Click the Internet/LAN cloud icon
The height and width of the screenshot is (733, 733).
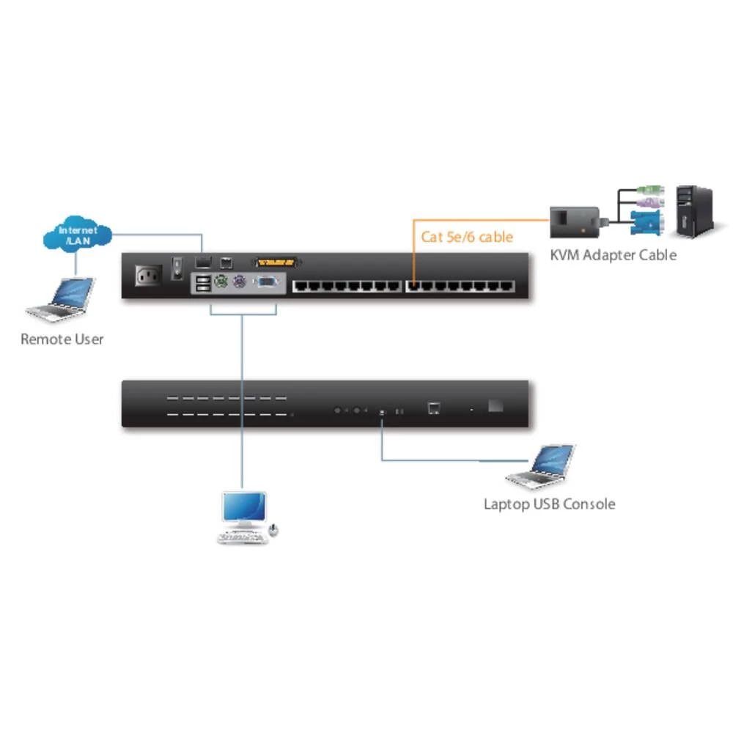tap(77, 235)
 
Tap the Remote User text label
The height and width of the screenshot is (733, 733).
tap(62, 339)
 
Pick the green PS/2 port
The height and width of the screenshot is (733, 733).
tap(218, 282)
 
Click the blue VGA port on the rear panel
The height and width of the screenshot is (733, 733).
tap(266, 282)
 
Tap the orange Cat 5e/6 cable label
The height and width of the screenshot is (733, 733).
tap(467, 237)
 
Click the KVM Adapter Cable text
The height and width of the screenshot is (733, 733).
tap(614, 255)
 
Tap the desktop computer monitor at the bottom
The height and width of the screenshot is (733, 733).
tap(244, 508)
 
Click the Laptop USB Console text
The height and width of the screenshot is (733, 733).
tap(549, 504)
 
